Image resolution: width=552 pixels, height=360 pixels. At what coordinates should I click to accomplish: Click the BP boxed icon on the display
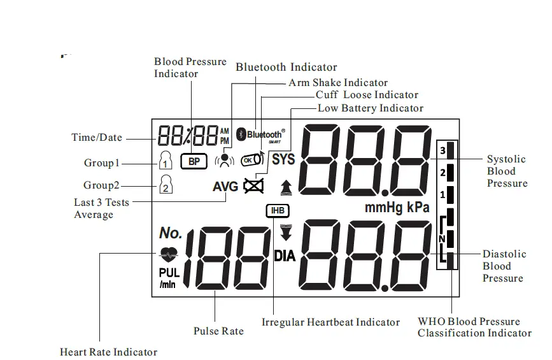194,162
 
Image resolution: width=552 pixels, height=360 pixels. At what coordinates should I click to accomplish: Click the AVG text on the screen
225,187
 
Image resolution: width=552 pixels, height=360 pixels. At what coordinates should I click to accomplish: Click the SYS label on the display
284,160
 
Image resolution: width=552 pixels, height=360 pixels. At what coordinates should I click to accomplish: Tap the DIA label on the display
285,256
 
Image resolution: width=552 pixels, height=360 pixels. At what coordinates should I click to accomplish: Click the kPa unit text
418,207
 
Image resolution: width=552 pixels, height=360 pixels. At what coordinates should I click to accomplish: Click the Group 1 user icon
165,160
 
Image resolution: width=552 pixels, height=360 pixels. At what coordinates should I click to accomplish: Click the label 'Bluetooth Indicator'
287,67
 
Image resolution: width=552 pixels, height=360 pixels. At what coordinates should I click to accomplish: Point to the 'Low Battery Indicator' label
370,108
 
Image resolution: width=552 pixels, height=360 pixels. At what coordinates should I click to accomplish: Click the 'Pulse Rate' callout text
218,331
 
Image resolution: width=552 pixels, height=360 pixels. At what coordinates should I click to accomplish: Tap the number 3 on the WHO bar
442,151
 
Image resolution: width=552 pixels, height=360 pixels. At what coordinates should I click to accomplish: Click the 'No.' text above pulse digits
170,233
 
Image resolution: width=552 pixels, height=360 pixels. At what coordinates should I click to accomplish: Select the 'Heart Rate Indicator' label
108,352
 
